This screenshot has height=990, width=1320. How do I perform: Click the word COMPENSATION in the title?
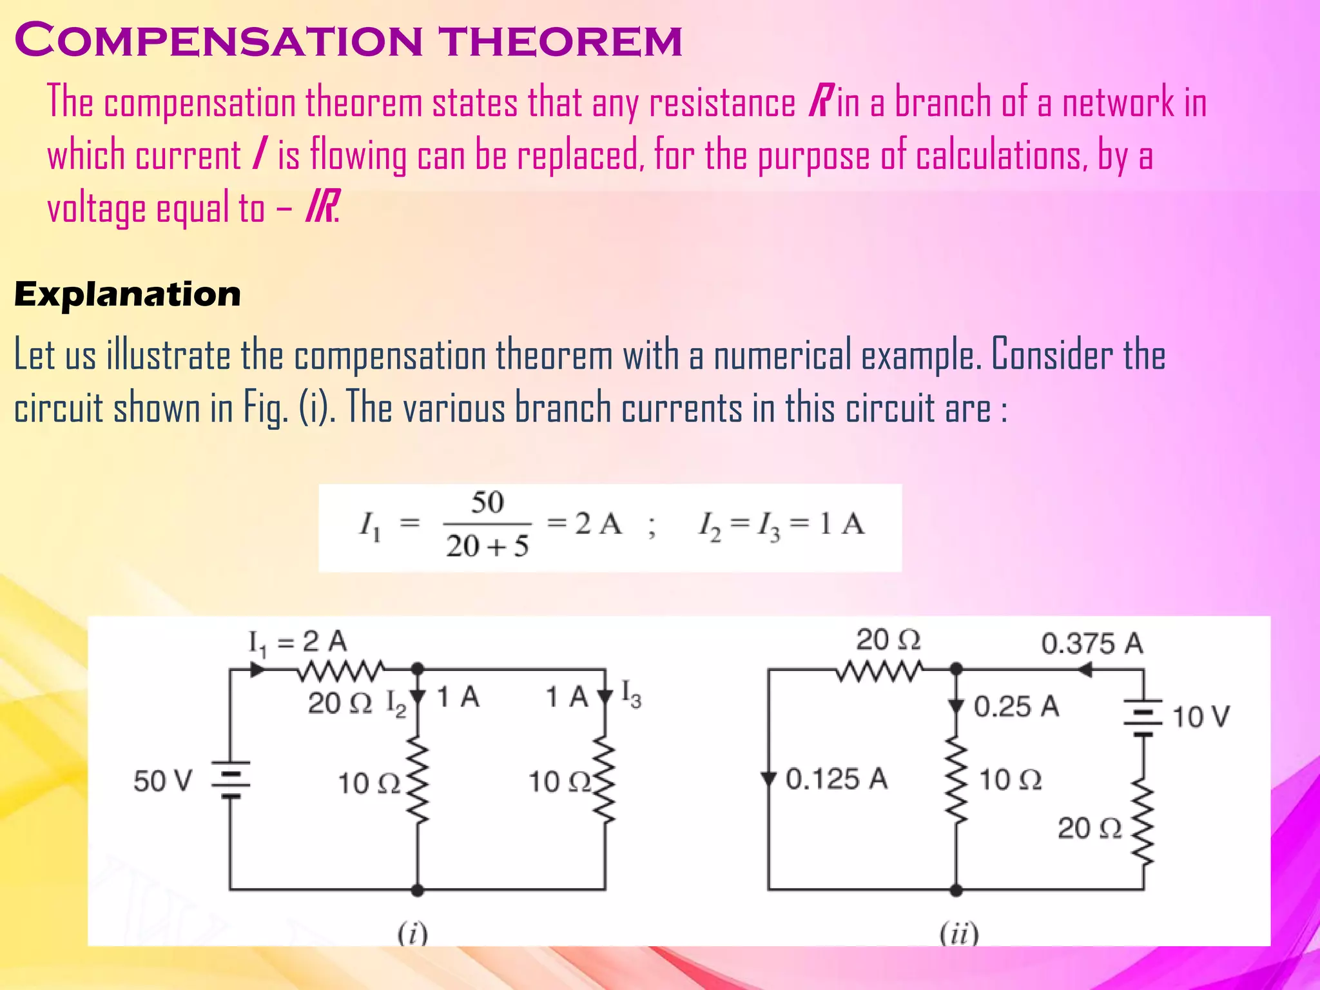point(219,41)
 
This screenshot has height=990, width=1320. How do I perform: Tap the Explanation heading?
point(128,295)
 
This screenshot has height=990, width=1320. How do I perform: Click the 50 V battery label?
point(162,781)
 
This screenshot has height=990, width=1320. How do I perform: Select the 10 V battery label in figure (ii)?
point(1201,717)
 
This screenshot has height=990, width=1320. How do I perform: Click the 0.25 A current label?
point(1016,706)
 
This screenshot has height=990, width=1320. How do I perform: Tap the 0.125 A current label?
point(836,779)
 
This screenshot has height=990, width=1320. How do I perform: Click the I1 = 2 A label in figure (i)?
point(298,642)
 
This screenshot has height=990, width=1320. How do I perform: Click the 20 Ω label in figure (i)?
point(340,703)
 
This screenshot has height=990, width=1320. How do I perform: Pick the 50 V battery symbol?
point(231,781)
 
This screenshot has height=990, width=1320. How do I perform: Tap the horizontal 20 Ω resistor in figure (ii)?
point(879,672)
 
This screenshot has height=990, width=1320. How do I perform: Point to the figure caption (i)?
point(412,933)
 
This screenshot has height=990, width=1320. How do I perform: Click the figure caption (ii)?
point(959,933)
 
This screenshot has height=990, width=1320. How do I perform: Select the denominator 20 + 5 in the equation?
point(487,546)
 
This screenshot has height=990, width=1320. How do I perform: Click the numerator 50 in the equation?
point(487,503)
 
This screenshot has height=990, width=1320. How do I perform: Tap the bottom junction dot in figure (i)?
point(418,890)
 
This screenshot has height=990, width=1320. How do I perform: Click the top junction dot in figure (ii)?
point(956,670)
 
